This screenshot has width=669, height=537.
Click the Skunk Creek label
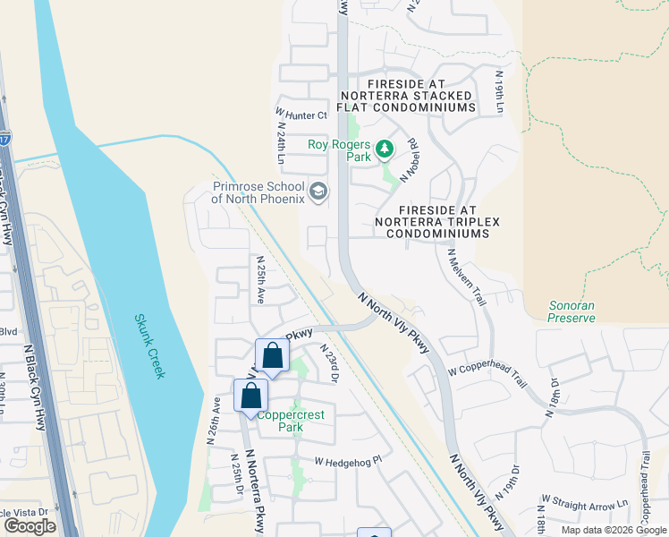coord(150,345)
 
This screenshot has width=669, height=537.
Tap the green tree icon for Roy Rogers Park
coord(385,149)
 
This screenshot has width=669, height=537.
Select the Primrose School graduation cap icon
coord(318,192)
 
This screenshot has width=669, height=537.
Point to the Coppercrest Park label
coord(292,421)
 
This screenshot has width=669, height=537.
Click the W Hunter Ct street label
coord(302,115)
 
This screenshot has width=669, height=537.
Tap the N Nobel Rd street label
coord(411,160)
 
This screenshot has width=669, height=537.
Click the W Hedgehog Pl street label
coord(348,461)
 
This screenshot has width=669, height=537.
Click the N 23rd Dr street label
coord(327,365)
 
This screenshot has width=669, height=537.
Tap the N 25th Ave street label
coord(260,279)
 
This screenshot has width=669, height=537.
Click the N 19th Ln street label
coord(500,91)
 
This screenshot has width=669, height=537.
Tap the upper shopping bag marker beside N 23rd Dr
coord(273,357)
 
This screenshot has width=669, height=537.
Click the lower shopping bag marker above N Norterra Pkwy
coord(251,396)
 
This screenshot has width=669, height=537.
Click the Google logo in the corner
coord(30,526)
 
